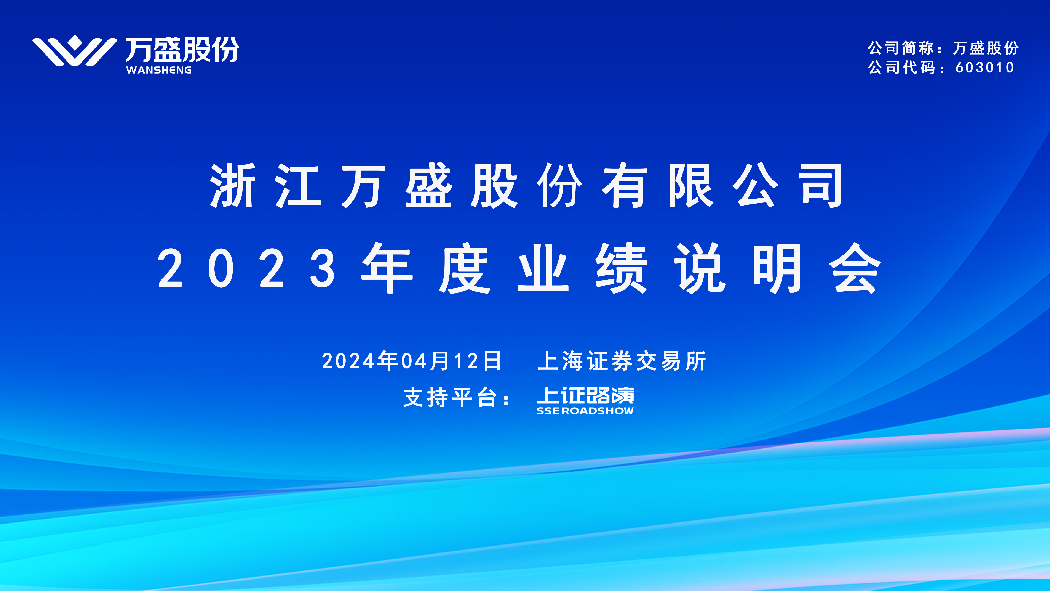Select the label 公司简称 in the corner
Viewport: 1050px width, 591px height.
(x=900, y=48)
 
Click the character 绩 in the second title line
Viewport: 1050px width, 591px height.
(x=621, y=268)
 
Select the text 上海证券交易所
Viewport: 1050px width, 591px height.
(x=622, y=361)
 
